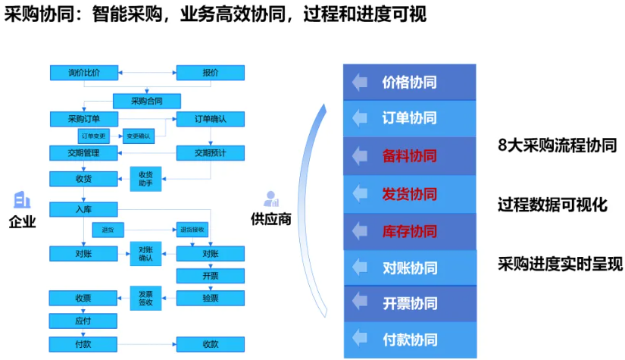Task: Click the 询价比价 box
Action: (83, 73)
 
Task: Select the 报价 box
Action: (210, 73)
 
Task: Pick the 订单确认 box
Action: (210, 119)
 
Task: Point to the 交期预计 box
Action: (210, 153)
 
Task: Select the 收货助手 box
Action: (146, 178)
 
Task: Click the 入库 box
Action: (83, 208)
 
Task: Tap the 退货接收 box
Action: (191, 229)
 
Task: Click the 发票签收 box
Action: (146, 297)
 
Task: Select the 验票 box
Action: (210, 298)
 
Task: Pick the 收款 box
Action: (210, 344)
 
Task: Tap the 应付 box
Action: (83, 321)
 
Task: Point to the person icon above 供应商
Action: (270, 199)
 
